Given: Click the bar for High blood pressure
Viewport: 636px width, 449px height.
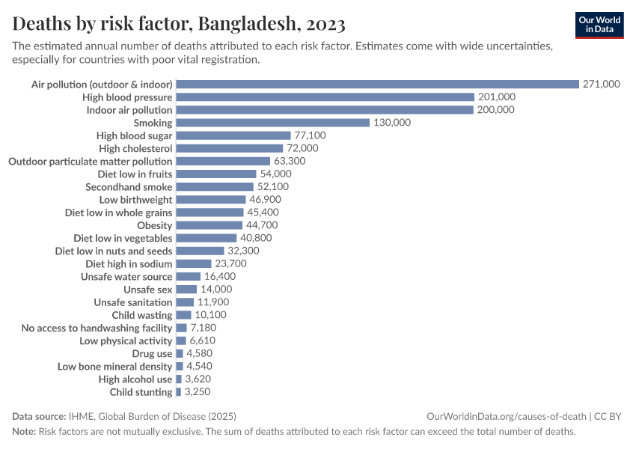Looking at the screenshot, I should coord(325,97).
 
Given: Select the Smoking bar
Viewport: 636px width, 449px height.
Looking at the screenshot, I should coord(272,123).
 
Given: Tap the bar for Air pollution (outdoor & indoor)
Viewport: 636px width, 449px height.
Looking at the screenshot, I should coord(377,85).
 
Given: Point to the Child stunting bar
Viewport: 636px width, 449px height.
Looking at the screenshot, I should coord(178,392).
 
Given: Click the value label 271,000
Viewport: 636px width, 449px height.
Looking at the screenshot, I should coord(601,85).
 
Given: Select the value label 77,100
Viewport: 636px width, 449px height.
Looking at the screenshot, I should coord(310,135).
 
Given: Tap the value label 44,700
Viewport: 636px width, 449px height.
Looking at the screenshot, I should coord(262,225).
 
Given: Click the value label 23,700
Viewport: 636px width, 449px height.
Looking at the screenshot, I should coord(230,264).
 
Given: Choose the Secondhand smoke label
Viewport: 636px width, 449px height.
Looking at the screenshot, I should coord(129,187).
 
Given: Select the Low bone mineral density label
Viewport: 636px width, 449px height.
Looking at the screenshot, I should coord(115,367).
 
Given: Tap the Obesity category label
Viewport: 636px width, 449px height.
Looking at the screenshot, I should coord(155,225).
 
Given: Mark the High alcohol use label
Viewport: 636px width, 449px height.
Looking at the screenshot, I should coord(135,379).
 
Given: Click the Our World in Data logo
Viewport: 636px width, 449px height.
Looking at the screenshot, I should coord(599,25).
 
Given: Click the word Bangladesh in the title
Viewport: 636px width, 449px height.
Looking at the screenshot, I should coord(245,25).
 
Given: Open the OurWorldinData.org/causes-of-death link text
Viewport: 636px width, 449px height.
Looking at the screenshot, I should coord(506,416).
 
